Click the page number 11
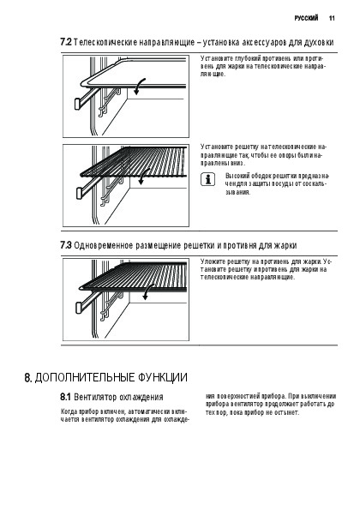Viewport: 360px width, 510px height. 332,18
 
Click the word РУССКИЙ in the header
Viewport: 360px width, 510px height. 306,18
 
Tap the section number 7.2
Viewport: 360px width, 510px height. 66,42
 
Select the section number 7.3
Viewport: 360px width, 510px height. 66,245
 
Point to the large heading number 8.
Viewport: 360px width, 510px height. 28,378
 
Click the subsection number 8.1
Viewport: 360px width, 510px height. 65,397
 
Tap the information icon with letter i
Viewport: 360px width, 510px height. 207,179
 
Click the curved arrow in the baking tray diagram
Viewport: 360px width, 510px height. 139,87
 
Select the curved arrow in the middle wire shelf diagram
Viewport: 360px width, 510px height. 143,177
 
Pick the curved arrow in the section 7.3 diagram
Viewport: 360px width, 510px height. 148,291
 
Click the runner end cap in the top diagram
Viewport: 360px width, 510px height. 78,104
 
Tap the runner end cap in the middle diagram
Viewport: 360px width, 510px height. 80,193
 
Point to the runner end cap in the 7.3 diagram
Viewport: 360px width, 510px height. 79,308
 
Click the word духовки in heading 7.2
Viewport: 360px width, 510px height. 319,43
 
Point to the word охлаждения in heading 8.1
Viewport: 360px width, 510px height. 141,398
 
